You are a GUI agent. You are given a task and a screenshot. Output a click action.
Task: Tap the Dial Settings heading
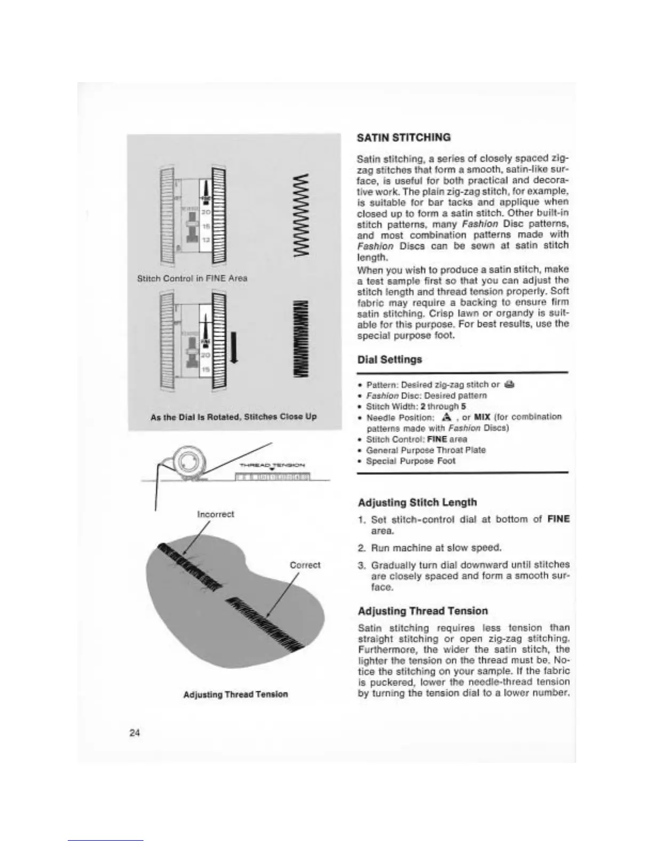(389, 359)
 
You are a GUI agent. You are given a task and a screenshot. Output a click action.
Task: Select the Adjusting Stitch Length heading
(417, 502)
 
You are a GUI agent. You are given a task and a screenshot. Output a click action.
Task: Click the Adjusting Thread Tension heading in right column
(423, 611)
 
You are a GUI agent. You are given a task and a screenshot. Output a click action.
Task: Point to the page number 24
(134, 733)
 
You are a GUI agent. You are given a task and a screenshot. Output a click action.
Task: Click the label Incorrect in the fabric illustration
(216, 514)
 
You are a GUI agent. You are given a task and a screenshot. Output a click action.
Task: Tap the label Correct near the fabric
(305, 565)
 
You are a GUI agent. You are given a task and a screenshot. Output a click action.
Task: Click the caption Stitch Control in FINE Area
(192, 278)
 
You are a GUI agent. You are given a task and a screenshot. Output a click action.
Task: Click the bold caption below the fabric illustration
(235, 694)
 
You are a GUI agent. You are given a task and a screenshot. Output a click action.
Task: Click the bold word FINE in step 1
(558, 519)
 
